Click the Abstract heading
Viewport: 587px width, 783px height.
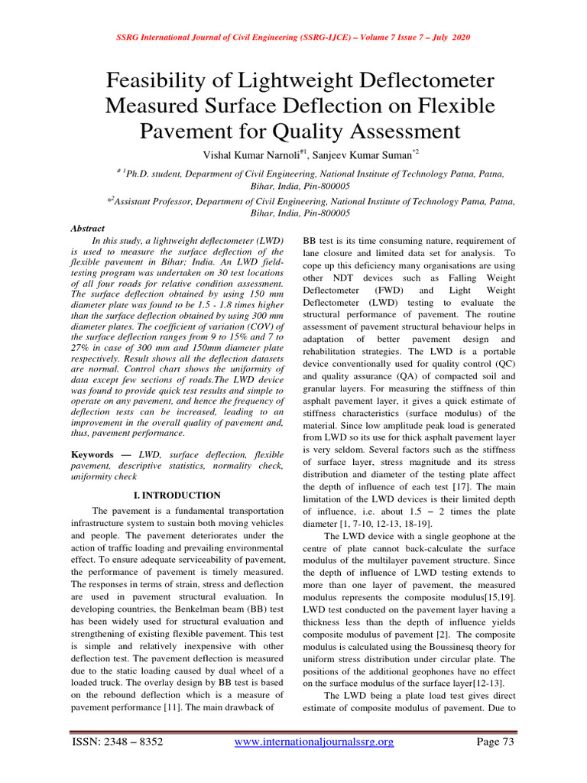pos(88,228)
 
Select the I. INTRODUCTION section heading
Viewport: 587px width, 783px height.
pos(177,495)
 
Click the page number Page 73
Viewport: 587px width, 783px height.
pos(495,742)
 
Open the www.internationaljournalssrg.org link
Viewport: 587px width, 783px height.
pos(313,742)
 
